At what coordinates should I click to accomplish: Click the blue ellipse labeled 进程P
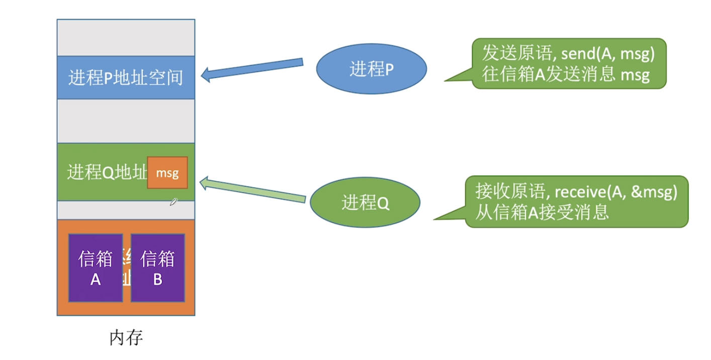pyautogui.click(x=372, y=69)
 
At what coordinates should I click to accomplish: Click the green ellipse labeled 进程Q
pyautogui.click(x=365, y=203)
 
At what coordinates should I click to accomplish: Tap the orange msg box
pyautogui.click(x=167, y=173)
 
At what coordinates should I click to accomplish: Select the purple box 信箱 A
pyautogui.click(x=96, y=267)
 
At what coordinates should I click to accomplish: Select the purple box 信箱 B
pyautogui.click(x=158, y=267)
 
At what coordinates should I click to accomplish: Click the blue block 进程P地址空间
pyautogui.click(x=126, y=78)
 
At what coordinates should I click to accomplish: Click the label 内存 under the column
pyautogui.click(x=126, y=338)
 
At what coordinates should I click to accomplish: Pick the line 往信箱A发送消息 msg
pyautogui.click(x=566, y=75)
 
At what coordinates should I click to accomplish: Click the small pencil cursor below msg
pyautogui.click(x=174, y=202)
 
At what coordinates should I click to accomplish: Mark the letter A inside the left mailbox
pyautogui.click(x=96, y=279)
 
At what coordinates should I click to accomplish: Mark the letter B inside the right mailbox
pyautogui.click(x=158, y=279)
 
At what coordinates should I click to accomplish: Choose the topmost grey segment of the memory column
pyautogui.click(x=126, y=38)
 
